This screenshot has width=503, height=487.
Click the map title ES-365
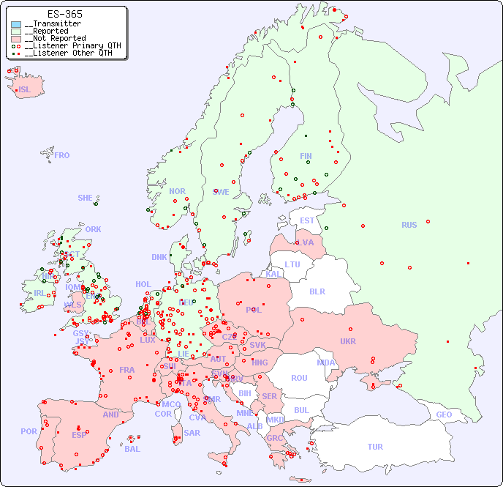(64, 14)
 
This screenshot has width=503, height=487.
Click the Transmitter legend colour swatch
(16, 24)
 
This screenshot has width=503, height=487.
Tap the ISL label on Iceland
(25, 90)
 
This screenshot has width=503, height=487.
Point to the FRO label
(62, 155)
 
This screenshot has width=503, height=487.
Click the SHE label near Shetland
(86, 198)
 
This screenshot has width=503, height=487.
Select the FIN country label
(306, 156)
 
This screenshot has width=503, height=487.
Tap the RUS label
(409, 225)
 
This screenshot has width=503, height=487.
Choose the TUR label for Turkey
(375, 447)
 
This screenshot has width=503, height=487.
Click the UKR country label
(348, 341)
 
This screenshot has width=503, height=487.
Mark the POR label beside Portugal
(29, 431)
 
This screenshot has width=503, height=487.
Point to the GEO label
(444, 414)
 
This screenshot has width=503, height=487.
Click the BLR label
(317, 291)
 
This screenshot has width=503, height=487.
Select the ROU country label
(299, 378)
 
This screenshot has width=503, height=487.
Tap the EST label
(307, 220)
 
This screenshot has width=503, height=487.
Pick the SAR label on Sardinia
(192, 432)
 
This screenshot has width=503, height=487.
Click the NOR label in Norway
(177, 191)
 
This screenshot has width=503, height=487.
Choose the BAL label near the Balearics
(132, 449)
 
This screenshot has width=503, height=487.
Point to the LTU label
(292, 264)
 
